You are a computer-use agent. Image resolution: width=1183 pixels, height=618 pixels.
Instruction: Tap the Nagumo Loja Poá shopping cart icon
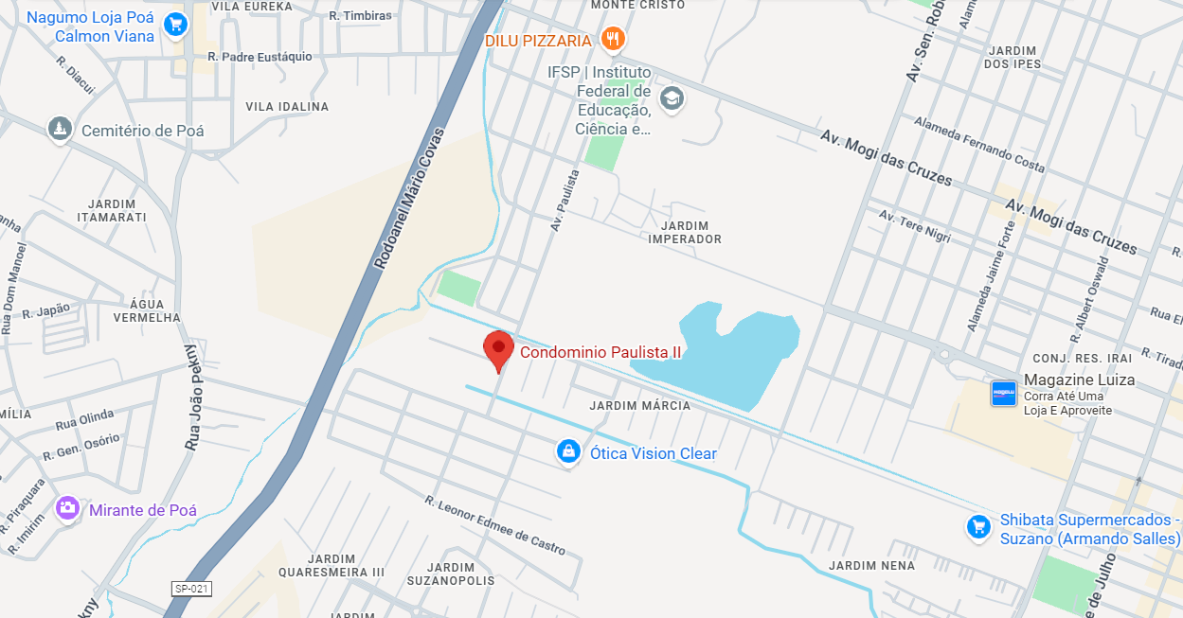coord(174,26)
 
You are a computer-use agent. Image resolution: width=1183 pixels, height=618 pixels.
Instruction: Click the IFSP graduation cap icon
coord(672,98)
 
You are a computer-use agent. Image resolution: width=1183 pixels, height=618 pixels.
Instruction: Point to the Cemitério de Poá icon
coord(61,130)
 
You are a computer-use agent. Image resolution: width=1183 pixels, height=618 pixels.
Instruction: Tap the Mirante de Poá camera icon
coord(67,509)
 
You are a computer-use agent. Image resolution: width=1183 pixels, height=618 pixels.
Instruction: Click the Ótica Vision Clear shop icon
coord(567,452)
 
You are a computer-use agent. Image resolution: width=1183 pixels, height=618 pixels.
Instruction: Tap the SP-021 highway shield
coord(190,589)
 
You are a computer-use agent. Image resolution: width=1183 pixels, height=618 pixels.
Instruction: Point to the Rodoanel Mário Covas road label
coord(409,199)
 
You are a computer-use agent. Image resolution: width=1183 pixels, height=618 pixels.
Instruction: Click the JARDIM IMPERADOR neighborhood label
coord(685,232)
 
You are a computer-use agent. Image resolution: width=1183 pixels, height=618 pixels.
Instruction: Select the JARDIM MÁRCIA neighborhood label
coord(639,406)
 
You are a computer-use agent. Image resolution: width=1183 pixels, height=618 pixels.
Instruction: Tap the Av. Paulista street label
coord(565,201)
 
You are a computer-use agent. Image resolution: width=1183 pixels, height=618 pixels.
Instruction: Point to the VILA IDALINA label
coord(287,107)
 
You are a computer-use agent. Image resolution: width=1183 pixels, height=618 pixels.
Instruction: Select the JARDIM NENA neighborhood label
coord(871,566)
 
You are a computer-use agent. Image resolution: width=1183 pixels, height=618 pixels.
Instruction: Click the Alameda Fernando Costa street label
coord(979,145)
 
